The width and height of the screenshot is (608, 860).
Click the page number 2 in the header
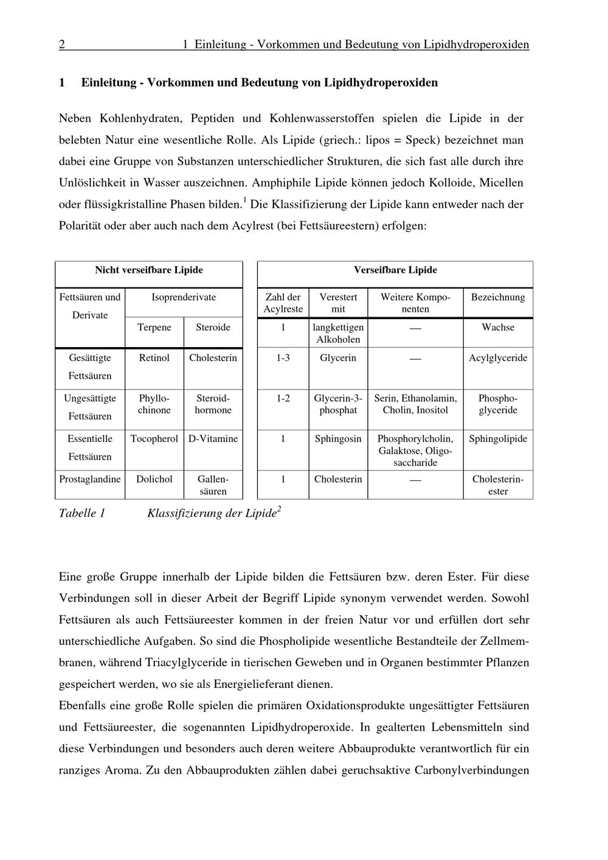point(62,44)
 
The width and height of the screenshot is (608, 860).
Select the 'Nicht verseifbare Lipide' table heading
point(149,270)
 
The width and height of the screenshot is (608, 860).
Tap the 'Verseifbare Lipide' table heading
point(395,270)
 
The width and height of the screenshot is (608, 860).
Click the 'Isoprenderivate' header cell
point(184,297)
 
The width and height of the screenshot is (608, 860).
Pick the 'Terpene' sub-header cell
point(154,328)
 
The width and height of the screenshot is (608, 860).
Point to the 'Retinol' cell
point(154,358)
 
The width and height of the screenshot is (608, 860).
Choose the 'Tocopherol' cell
point(154,439)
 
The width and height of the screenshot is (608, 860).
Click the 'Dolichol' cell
point(154,480)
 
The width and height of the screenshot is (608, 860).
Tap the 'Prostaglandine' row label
point(90,480)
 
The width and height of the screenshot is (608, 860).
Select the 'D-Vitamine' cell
point(213,439)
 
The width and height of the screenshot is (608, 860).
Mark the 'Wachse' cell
point(498,328)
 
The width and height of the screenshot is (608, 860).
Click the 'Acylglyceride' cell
point(498,358)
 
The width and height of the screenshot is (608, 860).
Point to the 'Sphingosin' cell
point(338,439)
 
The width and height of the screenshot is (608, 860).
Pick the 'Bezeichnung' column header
point(498,297)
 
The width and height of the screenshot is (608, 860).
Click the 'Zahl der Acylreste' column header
point(283,303)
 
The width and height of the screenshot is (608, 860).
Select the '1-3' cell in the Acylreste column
point(283,358)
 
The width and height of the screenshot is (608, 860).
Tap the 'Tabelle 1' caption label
point(82,514)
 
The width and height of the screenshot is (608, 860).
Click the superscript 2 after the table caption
point(279,509)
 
